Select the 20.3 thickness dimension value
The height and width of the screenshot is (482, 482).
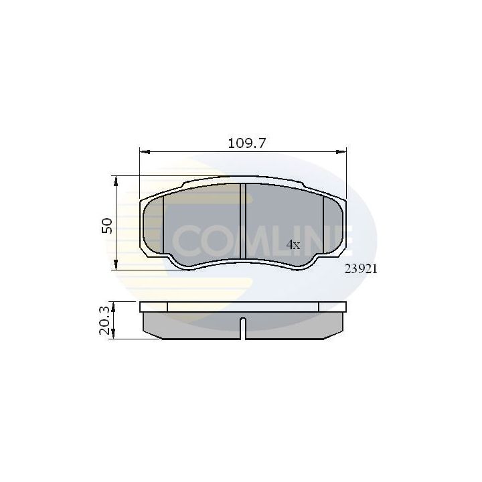pyautogui.click(x=104, y=320)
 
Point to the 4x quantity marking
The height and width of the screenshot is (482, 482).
pyautogui.click(x=293, y=245)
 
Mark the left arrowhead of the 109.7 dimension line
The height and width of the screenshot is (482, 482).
pyautogui.click(x=143, y=152)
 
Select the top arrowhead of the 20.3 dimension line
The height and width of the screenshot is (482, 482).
pyautogui.click(x=115, y=305)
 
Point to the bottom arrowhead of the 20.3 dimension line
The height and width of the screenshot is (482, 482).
pyautogui.click(x=115, y=335)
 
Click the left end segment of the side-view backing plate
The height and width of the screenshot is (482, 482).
pyautogui.click(x=153, y=307)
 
